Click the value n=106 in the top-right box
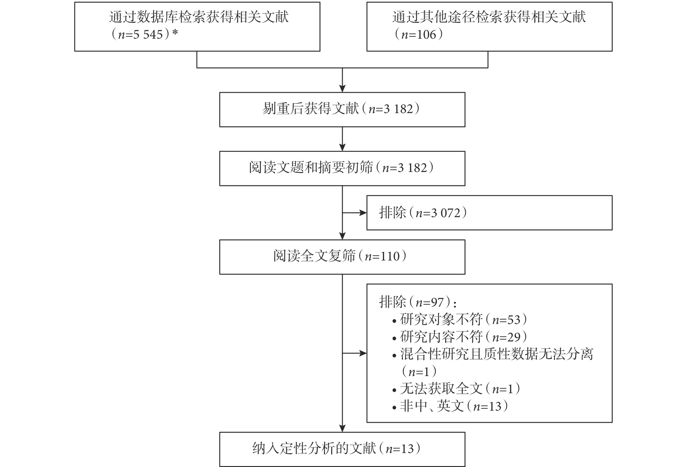418,35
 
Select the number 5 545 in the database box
148,35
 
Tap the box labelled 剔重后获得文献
342,110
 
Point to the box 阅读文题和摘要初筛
342,169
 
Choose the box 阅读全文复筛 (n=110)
342,257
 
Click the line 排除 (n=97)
418,302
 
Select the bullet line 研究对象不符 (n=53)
460,320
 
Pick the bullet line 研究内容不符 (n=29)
460,337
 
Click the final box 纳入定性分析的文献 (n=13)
342,449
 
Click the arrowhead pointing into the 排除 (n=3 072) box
363,213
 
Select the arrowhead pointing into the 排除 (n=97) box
363,353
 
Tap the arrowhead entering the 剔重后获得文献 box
342,88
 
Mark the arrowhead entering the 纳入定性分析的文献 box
342,428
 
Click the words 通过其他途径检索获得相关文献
489,17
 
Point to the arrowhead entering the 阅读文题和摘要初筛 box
342,148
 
